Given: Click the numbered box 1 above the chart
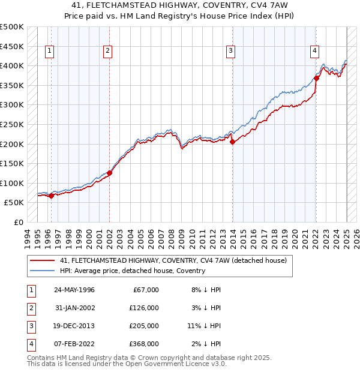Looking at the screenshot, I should click(49, 52).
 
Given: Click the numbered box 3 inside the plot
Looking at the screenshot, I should click(230, 52).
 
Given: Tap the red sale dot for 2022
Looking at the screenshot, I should click(316, 78).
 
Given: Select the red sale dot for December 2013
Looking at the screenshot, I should click(232, 142).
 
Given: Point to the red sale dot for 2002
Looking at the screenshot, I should click(109, 173).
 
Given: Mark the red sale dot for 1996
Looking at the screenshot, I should click(52, 196).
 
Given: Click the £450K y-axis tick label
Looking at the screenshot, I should click(12, 46).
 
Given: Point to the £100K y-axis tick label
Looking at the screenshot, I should click(12, 183).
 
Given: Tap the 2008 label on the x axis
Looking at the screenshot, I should click(172, 236).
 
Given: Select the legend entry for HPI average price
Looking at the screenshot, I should click(132, 271).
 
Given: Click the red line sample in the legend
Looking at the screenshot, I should click(42, 261).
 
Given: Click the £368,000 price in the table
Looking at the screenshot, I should click(143, 344).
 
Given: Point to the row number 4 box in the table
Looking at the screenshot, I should click(31, 344).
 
